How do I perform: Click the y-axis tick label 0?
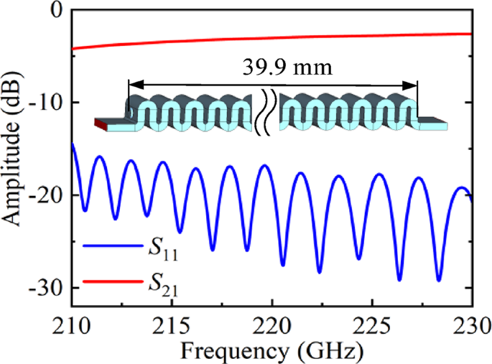(x=57, y=11)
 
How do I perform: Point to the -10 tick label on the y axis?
(x=47, y=102)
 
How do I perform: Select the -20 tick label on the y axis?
(x=47, y=195)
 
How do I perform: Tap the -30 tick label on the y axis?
(x=47, y=287)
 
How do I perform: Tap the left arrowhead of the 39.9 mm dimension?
(x=132, y=85)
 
